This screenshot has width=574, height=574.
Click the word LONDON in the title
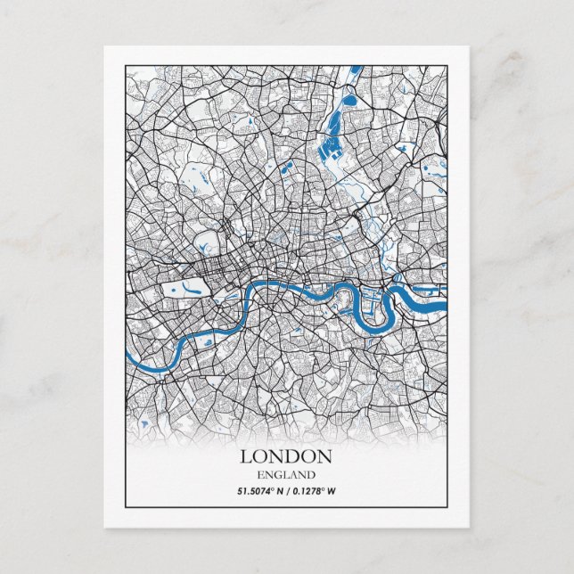[286, 456]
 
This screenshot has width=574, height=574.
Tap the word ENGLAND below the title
[286, 474]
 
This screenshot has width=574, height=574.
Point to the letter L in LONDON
[245, 456]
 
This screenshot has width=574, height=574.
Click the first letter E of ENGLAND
[259, 474]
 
